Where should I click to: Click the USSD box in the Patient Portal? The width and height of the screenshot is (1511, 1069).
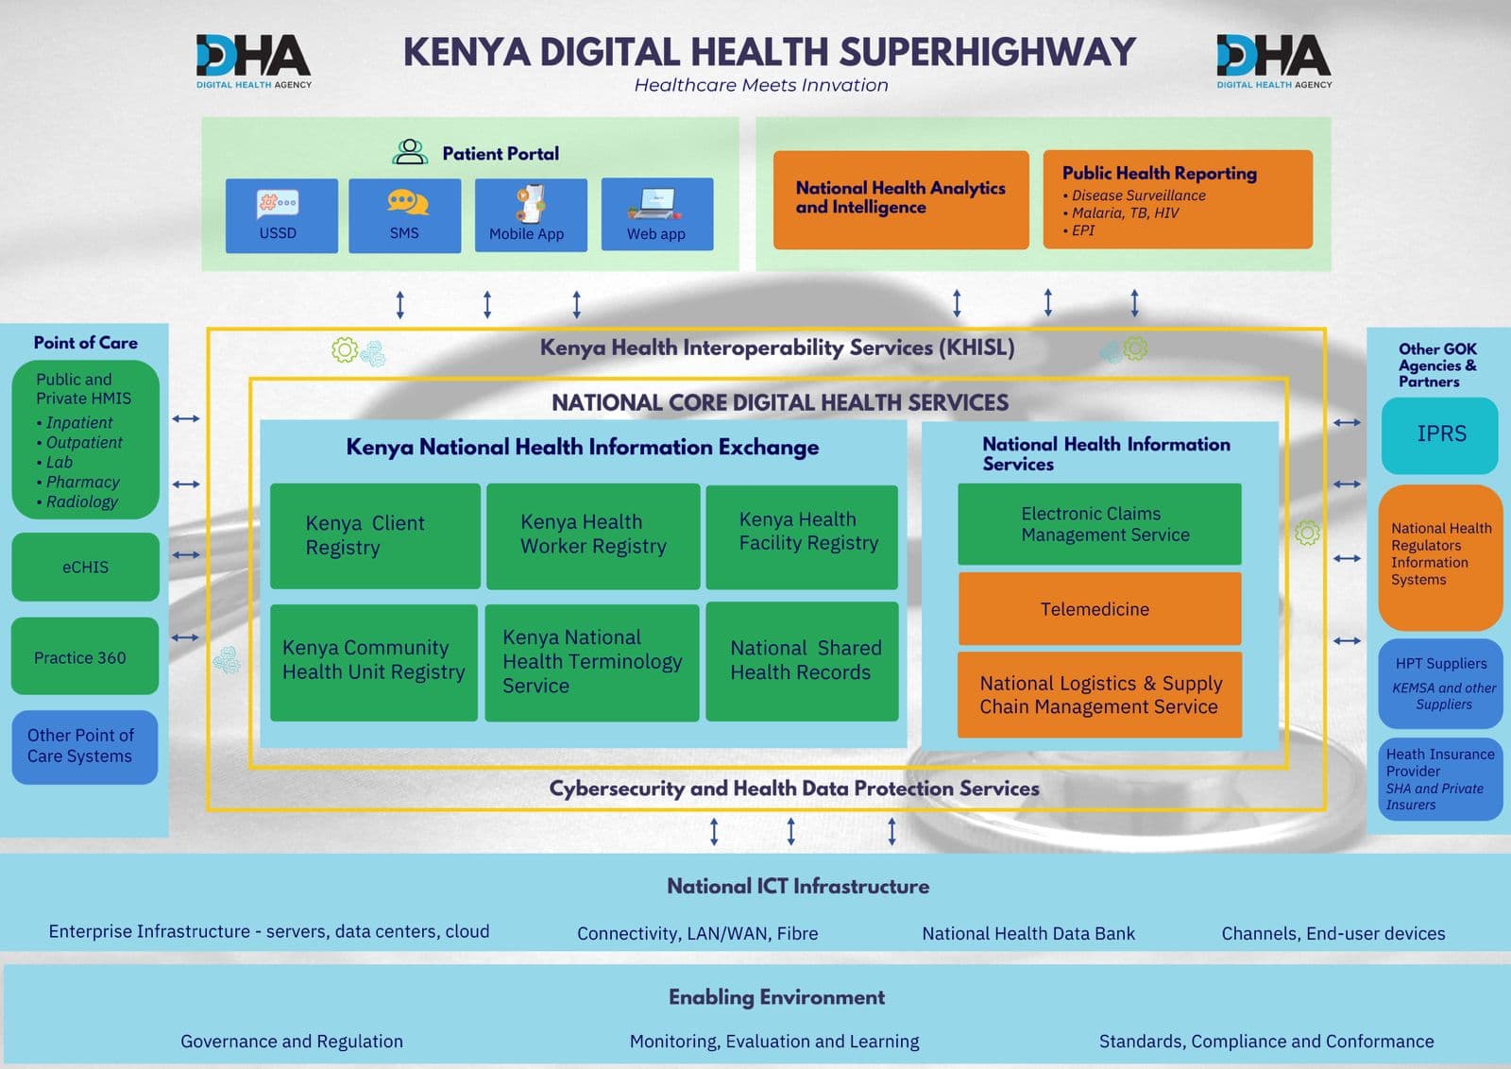click(281, 215)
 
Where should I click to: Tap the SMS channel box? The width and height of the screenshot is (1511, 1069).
click(404, 215)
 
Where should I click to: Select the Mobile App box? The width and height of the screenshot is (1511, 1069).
click(531, 215)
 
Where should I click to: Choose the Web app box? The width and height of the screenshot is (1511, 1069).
click(656, 215)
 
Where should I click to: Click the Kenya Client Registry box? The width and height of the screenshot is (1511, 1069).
click(375, 535)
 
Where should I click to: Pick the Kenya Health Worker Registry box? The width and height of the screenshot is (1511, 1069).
click(593, 535)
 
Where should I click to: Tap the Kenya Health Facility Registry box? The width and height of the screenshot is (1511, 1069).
click(802, 535)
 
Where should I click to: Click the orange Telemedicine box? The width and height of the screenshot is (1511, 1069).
click(1099, 609)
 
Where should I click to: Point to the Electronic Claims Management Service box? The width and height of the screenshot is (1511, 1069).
click(1099, 524)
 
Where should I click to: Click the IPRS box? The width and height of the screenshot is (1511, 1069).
click(1440, 434)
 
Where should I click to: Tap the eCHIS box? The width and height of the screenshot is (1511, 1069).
click(85, 567)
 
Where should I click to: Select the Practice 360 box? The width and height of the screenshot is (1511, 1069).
click(85, 657)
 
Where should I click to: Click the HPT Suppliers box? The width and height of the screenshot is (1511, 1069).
click(1440, 683)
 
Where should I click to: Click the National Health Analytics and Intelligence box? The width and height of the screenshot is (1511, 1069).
click(900, 198)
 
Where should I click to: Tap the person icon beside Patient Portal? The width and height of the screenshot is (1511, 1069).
click(410, 152)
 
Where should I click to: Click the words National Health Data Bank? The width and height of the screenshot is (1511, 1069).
click(1028, 933)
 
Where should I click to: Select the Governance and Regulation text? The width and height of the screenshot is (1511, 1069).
click(292, 1041)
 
